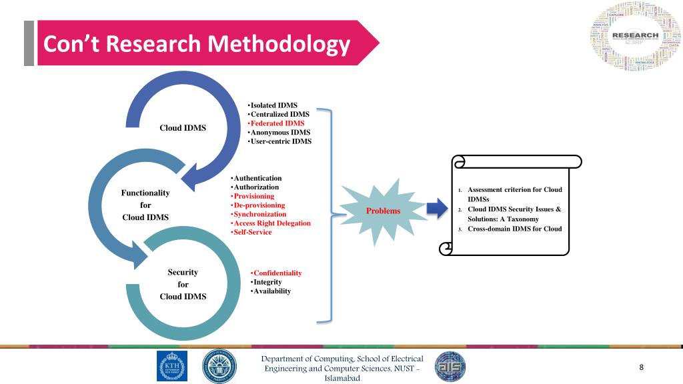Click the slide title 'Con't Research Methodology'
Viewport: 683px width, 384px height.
pos(197,44)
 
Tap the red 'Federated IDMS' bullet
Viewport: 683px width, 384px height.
pos(277,123)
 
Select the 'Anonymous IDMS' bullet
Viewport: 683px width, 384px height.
pos(279,132)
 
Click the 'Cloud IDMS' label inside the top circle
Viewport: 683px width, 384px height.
pos(183,128)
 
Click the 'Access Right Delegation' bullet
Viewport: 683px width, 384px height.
pos(271,223)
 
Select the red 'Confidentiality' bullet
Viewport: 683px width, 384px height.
pos(277,273)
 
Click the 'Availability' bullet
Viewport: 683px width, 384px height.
pos(271,291)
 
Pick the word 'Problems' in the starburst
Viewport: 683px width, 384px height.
pos(383,211)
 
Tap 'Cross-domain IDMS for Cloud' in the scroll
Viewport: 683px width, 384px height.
pos(514,229)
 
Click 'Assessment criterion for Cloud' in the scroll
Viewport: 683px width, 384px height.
pos(514,190)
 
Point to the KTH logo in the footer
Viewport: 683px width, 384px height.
pos(172,366)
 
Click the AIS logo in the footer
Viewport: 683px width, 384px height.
pos(450,367)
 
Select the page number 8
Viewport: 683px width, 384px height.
pos(641,367)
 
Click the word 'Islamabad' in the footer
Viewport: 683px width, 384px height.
pos(342,379)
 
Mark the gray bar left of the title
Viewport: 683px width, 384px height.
pos(29,43)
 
